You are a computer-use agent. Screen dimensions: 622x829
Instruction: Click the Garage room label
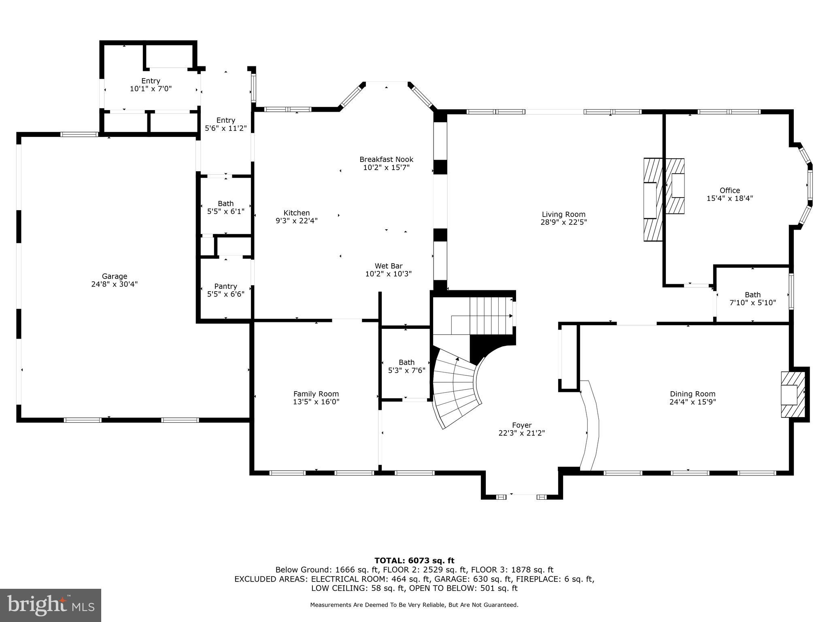[x=114, y=277]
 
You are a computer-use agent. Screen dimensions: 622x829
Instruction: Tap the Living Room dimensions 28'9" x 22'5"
[x=563, y=222]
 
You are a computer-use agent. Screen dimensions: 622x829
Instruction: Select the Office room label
[x=729, y=190]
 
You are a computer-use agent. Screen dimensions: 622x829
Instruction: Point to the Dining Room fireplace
[x=793, y=394]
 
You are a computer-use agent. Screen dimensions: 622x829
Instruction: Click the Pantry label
[x=225, y=286]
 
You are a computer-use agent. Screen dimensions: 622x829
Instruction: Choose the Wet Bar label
[x=388, y=266]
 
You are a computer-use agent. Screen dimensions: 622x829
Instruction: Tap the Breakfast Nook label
[x=386, y=160]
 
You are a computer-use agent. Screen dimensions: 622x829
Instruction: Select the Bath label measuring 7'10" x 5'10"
[x=752, y=295]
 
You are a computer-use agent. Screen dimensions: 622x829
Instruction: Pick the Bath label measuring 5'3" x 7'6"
[x=406, y=362]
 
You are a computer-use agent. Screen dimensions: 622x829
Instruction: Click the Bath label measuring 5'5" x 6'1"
[x=225, y=203]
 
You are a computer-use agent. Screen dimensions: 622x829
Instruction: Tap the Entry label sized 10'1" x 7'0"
[x=151, y=81]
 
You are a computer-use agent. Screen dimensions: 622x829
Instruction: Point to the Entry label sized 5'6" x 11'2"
[x=225, y=120]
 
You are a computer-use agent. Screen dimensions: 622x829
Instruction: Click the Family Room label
[x=316, y=394]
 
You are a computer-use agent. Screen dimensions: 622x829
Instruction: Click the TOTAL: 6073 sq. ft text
[x=414, y=561]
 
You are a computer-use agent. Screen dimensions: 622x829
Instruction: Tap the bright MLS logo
[x=51, y=605]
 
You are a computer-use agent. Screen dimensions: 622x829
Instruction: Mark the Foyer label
[x=521, y=425]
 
